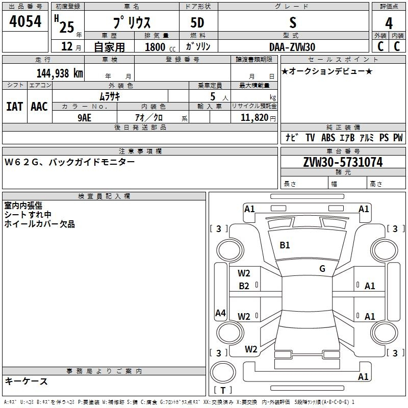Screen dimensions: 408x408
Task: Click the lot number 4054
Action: point(25,22)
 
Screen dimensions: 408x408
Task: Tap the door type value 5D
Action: point(197,23)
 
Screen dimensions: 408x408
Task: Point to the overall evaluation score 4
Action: point(389,23)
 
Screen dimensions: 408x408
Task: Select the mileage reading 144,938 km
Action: point(60,73)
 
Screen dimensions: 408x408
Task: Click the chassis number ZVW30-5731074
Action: point(342,162)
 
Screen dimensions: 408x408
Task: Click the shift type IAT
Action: point(14,107)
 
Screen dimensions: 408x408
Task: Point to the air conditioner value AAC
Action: point(39,107)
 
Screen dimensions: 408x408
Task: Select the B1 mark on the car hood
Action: point(285,245)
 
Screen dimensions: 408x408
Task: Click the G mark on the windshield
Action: point(322,269)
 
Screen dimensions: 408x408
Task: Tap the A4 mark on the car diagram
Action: point(220,313)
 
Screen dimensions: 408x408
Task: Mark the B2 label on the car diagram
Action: point(244,286)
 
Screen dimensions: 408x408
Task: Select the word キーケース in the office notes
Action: point(26,381)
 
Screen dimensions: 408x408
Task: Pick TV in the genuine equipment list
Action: point(310,138)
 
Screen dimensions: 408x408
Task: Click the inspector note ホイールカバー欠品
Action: point(39,224)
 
